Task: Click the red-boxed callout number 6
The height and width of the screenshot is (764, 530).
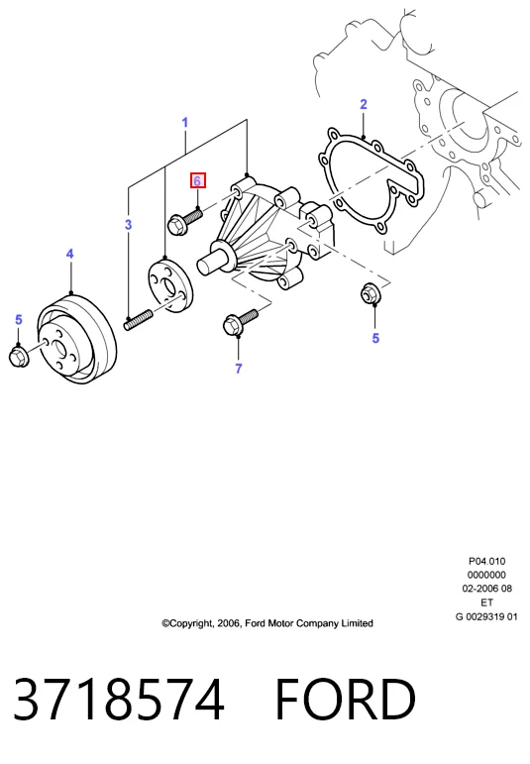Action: point(198,180)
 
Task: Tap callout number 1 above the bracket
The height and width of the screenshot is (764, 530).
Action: point(184,122)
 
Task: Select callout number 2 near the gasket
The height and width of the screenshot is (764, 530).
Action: point(364,104)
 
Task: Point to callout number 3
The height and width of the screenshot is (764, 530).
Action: point(128,225)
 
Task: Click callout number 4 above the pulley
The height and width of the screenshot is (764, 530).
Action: point(69,254)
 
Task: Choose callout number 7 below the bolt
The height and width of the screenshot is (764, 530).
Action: point(238,369)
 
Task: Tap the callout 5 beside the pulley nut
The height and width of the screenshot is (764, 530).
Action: point(19,320)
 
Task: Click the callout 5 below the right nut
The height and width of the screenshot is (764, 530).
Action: point(375,338)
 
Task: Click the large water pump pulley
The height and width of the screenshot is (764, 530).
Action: point(77,338)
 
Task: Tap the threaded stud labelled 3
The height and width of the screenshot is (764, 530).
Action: point(139,322)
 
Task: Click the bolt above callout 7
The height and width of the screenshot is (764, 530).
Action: point(240,323)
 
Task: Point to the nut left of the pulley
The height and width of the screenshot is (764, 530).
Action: point(20,356)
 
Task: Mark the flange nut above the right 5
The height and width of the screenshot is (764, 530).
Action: point(371,293)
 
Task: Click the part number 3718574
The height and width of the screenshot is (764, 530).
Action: point(118,699)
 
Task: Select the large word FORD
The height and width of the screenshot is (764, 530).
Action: point(346,699)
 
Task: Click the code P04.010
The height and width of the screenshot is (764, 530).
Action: point(486,561)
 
